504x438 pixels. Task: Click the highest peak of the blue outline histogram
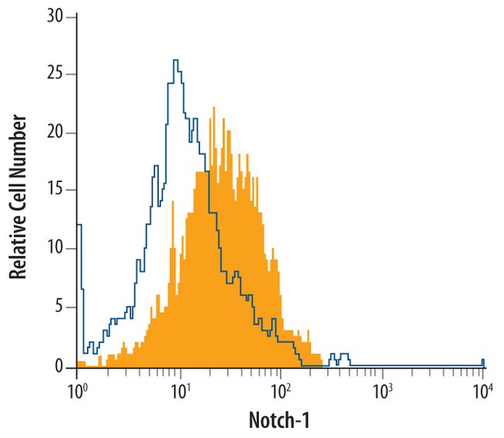pos(176,60)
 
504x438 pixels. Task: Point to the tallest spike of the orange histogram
pos(210,109)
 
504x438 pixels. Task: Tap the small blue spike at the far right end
pos(482,360)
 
